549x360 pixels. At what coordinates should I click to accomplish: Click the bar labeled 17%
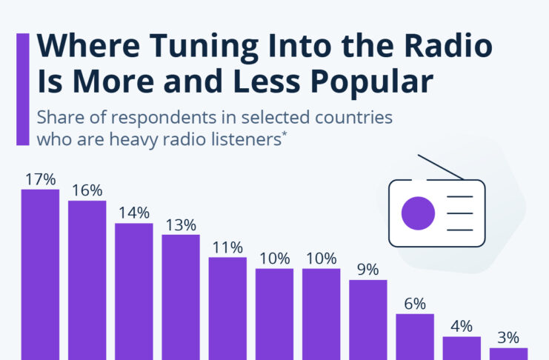pyautogui.click(x=40, y=274)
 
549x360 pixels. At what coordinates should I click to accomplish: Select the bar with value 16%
pyautogui.click(x=87, y=280)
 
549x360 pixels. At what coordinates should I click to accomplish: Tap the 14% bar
pyautogui.click(x=134, y=290)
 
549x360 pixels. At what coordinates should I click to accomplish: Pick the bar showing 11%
pyautogui.click(x=227, y=308)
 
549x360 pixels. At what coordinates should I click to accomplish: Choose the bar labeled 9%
pyautogui.click(x=368, y=319)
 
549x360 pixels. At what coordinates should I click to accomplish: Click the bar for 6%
pyautogui.click(x=415, y=336)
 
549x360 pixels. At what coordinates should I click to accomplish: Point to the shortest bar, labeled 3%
pyautogui.click(x=509, y=353)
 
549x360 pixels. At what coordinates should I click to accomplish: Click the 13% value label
pyautogui.click(x=181, y=224)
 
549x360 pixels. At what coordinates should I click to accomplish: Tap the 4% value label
pyautogui.click(x=462, y=327)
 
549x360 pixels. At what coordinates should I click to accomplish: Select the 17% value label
pyautogui.click(x=40, y=179)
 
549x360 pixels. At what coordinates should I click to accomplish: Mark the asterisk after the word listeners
pyautogui.click(x=284, y=134)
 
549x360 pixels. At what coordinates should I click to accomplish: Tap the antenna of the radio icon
pyautogui.click(x=440, y=167)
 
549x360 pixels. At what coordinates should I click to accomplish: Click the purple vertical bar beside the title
pyautogui.click(x=23, y=89)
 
